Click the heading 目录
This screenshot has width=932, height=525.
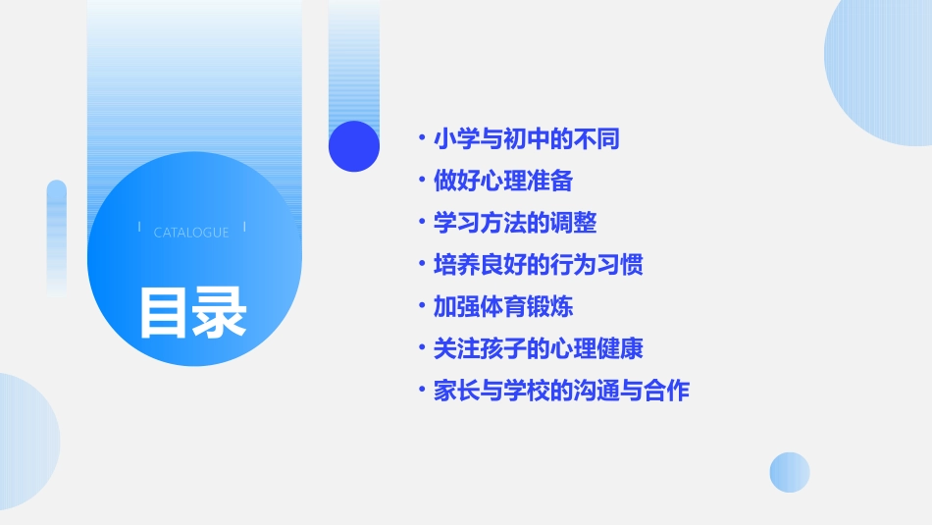click(x=192, y=313)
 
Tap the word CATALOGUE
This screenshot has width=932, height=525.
click(x=191, y=233)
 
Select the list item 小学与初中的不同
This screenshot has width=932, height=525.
click(x=527, y=139)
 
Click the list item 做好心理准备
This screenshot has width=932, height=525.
click(x=503, y=182)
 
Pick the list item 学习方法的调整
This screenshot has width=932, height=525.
click(x=515, y=224)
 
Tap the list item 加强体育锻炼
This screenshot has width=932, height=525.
click(x=503, y=307)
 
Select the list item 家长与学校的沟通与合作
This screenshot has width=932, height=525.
click(x=561, y=391)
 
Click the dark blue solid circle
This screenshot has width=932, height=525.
click(x=354, y=146)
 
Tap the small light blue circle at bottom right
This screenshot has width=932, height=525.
click(x=790, y=472)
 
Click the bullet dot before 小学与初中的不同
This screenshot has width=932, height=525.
click(x=421, y=139)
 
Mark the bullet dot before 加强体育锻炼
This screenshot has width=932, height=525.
click(x=421, y=307)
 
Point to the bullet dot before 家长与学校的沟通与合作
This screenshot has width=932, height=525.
click(x=421, y=391)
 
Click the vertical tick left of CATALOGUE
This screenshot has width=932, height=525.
click(x=139, y=227)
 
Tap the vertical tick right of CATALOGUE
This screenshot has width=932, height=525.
click(x=244, y=227)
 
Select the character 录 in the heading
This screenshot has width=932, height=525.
click(x=220, y=313)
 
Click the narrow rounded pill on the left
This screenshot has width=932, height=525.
click(x=57, y=236)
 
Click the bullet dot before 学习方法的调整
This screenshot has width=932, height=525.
click(x=421, y=224)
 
